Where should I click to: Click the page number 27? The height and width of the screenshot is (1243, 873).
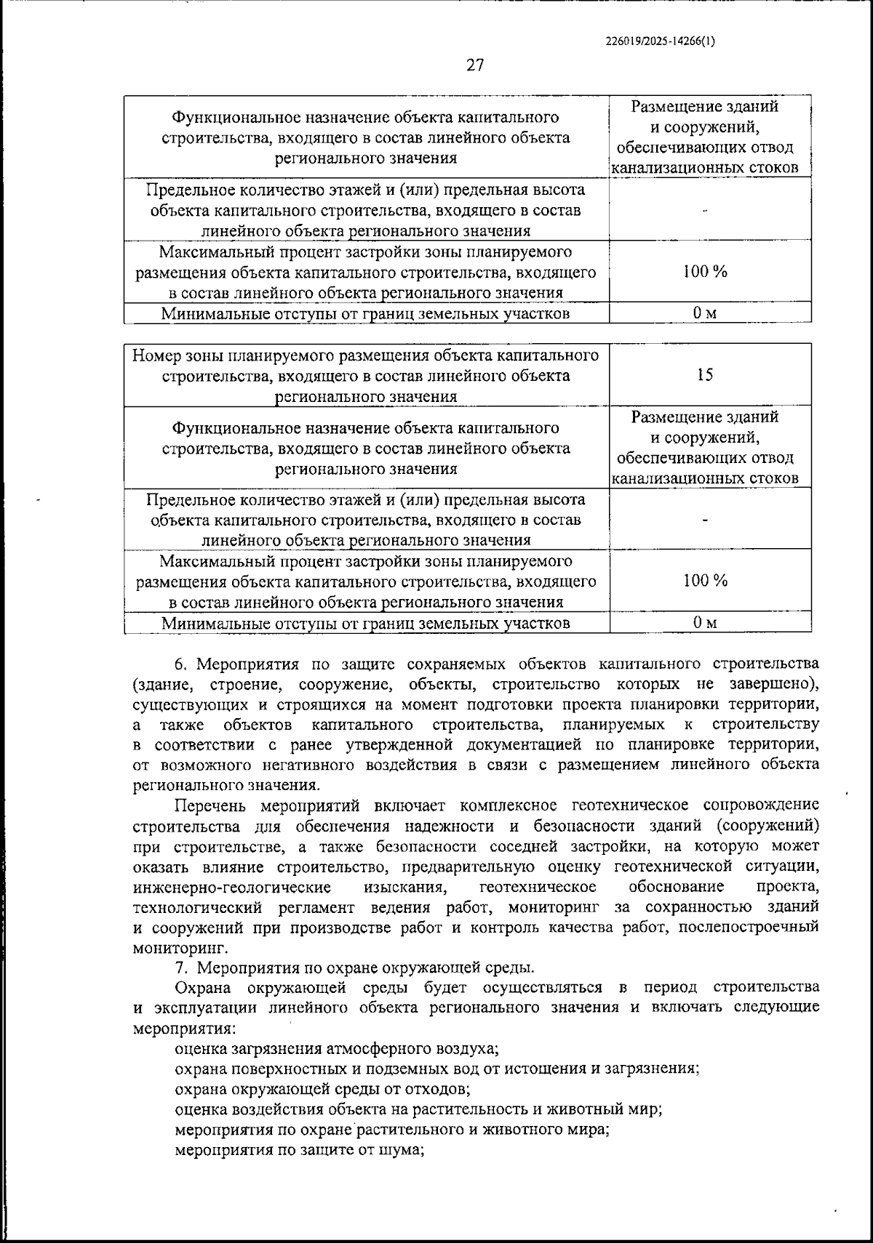click(474, 65)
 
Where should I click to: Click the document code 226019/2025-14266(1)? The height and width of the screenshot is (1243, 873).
click(660, 41)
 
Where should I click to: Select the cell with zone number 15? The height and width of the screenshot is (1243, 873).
click(704, 375)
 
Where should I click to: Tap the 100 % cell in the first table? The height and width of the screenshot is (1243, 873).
click(704, 272)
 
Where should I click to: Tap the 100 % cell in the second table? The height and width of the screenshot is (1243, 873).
click(704, 581)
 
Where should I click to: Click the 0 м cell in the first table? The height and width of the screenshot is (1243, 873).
click(704, 313)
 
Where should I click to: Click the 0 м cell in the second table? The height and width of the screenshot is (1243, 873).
click(704, 623)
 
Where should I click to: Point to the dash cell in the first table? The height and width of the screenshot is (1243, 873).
click(704, 210)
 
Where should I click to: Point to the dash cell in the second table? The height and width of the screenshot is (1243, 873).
click(704, 520)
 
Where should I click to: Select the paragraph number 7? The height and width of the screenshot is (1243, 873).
click(181, 968)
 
